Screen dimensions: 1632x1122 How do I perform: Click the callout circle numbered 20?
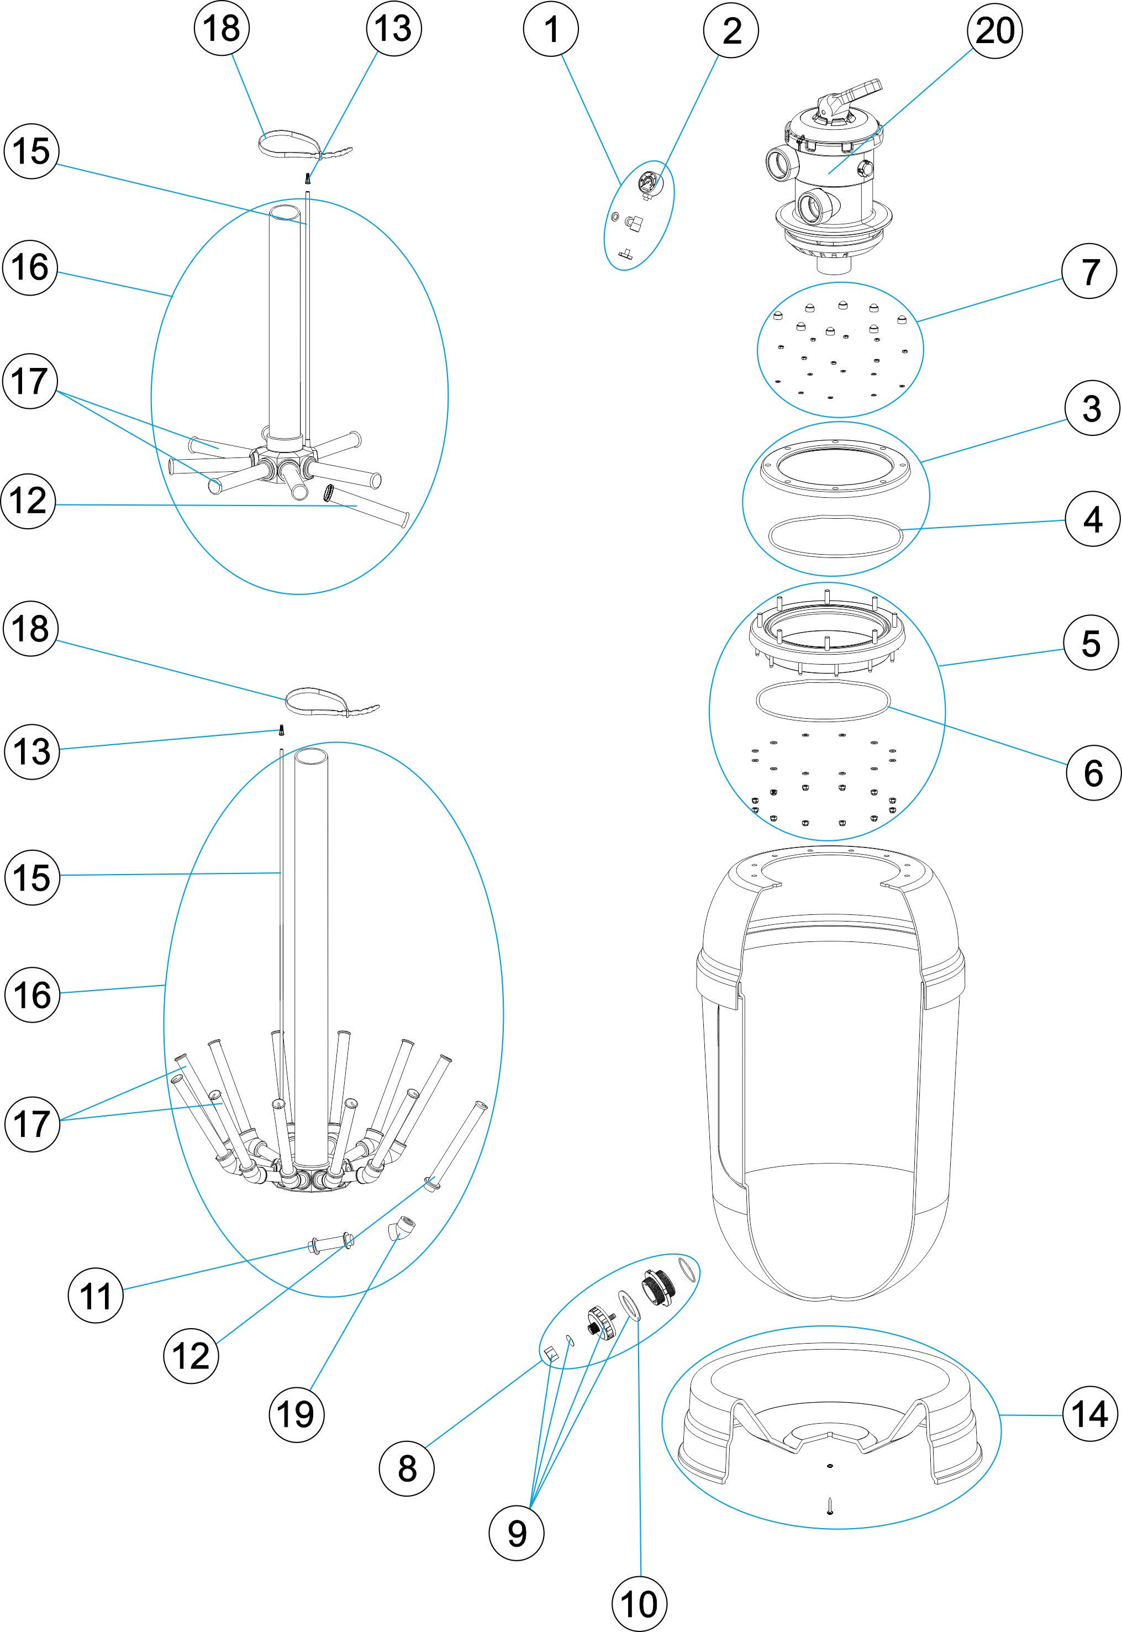[995, 31]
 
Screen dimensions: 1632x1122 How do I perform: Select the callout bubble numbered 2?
[731, 31]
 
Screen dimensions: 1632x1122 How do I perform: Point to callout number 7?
[1088, 271]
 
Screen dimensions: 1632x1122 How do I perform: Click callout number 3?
[1091, 408]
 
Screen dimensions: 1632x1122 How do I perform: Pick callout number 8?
[407, 1467]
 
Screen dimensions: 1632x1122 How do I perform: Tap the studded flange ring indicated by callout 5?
[827, 631]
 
